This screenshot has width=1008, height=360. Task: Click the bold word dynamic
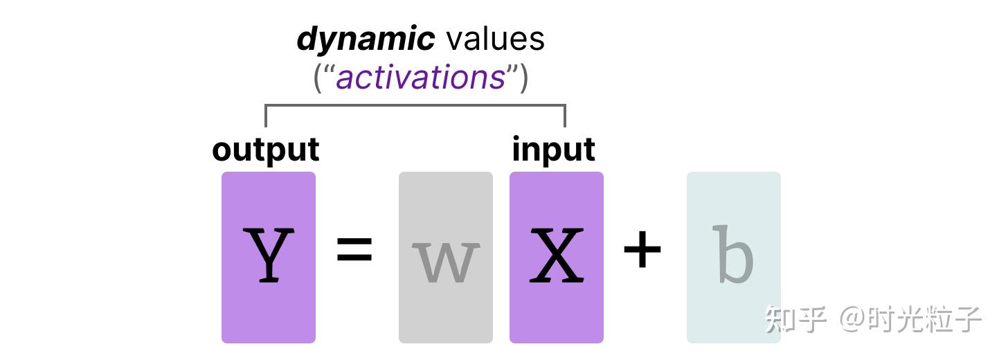pyautogui.click(x=365, y=39)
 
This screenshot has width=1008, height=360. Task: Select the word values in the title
pyautogui.click(x=495, y=39)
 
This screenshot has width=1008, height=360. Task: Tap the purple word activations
pyautogui.click(x=420, y=77)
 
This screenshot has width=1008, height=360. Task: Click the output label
pyautogui.click(x=266, y=150)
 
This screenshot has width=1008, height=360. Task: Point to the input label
pyautogui.click(x=553, y=150)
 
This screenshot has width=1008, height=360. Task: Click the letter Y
pyautogui.click(x=269, y=256)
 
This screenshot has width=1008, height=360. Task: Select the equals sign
pyautogui.click(x=354, y=251)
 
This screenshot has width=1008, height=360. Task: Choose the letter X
pyautogui.click(x=556, y=256)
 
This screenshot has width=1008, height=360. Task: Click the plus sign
pyautogui.click(x=642, y=251)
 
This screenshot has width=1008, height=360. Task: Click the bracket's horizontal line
pyautogui.click(x=415, y=106)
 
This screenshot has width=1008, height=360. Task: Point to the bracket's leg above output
pyautogui.click(x=266, y=116)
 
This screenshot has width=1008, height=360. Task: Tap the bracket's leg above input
pyautogui.click(x=565, y=116)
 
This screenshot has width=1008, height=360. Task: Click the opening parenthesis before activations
pyautogui.click(x=318, y=78)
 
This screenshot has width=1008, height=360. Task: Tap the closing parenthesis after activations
pyautogui.click(x=523, y=78)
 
